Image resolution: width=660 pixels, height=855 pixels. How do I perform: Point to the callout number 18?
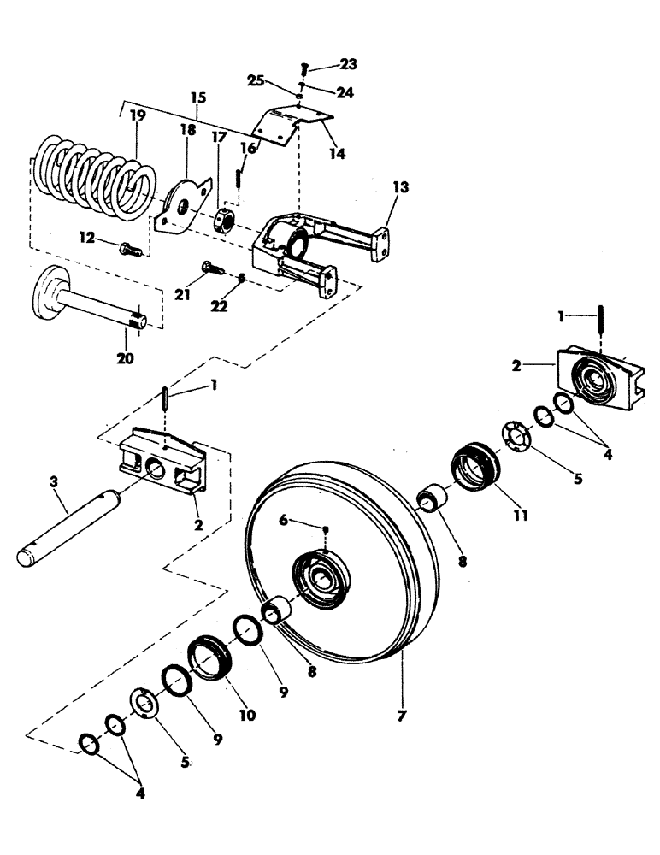187,130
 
